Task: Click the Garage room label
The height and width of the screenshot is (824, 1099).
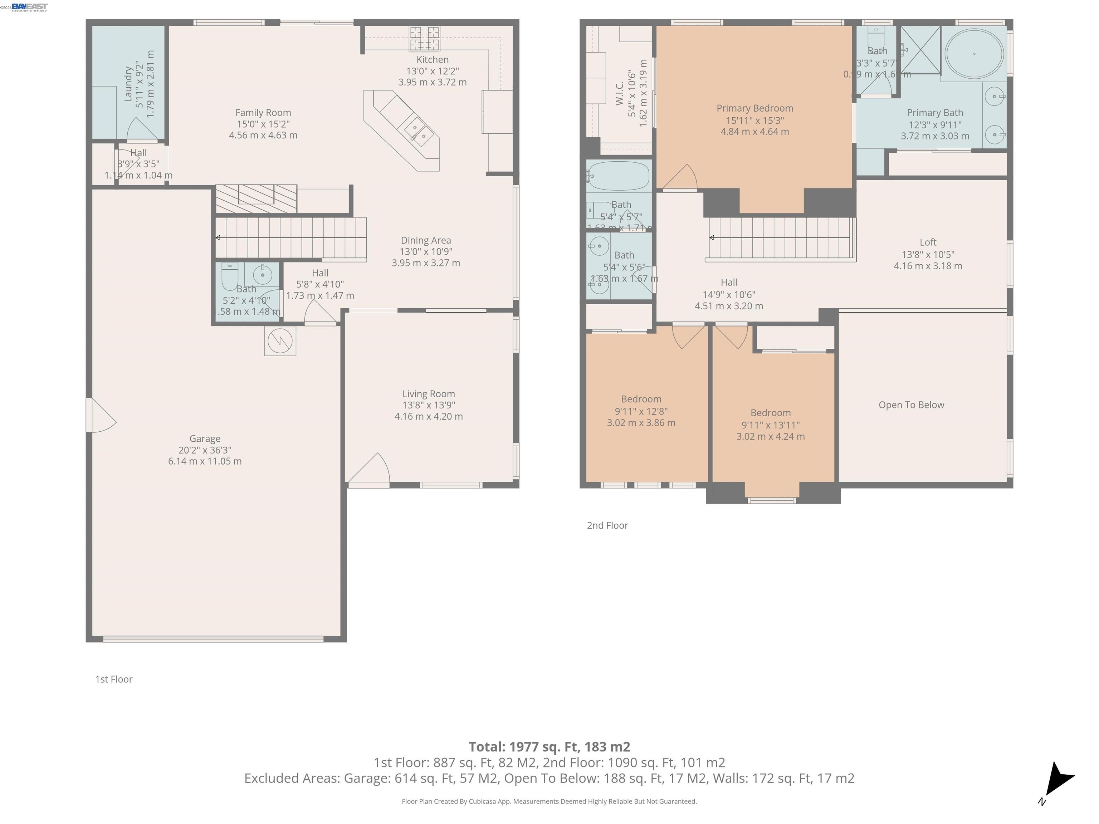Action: click(205, 438)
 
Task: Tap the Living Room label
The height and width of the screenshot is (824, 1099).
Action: click(428, 394)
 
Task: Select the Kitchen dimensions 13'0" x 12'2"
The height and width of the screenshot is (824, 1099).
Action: click(432, 71)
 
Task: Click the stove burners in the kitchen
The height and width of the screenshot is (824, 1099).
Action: click(424, 39)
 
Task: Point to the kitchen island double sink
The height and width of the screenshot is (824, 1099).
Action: click(419, 132)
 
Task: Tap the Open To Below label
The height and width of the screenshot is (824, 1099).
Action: click(911, 405)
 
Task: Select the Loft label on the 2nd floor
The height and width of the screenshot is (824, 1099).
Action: click(928, 242)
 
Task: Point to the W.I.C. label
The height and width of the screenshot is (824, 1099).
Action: click(620, 93)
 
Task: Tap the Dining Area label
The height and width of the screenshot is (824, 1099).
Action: click(426, 240)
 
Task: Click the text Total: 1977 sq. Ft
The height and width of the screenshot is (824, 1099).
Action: click(549, 746)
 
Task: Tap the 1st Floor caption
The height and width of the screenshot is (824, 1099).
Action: click(114, 679)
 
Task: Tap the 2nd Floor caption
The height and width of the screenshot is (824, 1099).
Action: click(607, 525)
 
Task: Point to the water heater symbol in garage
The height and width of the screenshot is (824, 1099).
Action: click(280, 341)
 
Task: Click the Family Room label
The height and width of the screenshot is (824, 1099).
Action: click(263, 113)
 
